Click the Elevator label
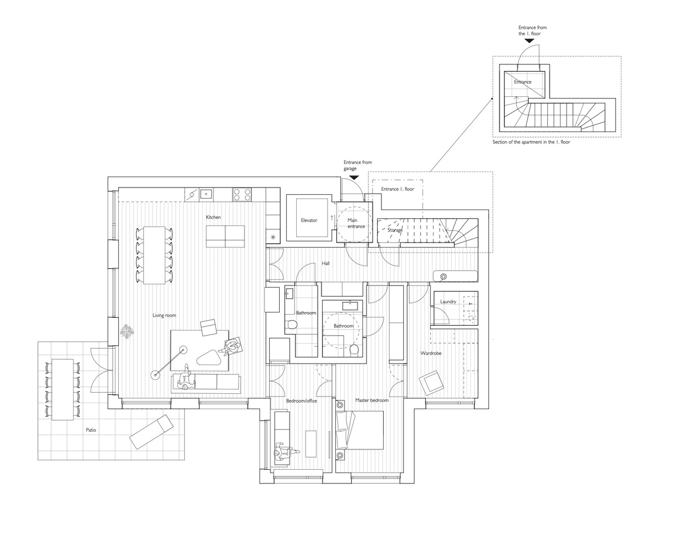click(309, 221)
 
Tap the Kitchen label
click(213, 217)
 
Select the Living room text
click(164, 315)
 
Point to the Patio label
click(91, 430)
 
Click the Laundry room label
click(448, 302)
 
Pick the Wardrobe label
click(430, 353)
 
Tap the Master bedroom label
click(372, 400)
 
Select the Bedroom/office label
click(301, 401)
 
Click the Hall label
click(325, 263)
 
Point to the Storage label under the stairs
click(395, 230)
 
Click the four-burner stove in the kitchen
click(242, 194)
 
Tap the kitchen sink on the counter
click(206, 194)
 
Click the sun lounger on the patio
click(151, 432)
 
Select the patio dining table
click(63, 389)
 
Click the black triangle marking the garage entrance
click(354, 177)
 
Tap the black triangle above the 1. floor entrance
click(529, 41)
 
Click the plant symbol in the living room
click(127, 332)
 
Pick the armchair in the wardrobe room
click(431, 383)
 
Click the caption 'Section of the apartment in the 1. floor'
click(531, 142)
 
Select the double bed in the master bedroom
click(359, 430)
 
